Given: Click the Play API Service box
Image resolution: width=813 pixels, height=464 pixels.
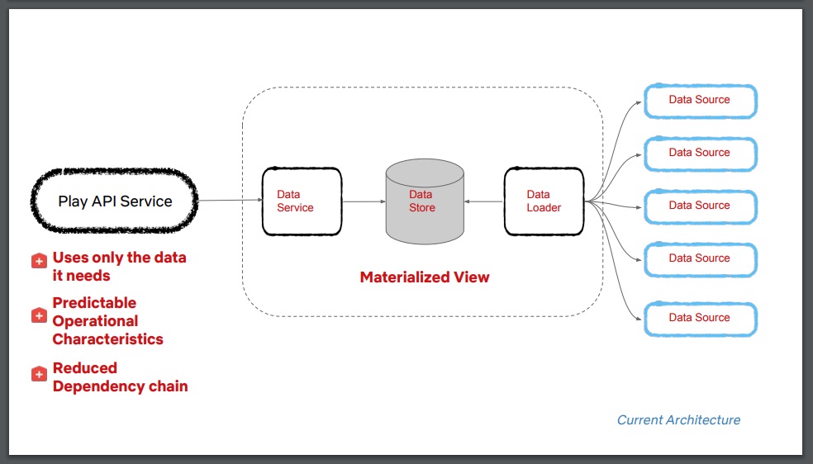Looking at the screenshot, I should [x=115, y=201].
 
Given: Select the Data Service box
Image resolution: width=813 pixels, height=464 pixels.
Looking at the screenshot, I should [x=301, y=201].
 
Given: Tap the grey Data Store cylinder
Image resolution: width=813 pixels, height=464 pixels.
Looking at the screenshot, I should [x=424, y=202].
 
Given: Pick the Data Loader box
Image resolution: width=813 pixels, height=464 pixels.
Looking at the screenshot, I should [x=543, y=201].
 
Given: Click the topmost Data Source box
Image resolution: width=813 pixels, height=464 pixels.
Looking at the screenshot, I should [x=699, y=100].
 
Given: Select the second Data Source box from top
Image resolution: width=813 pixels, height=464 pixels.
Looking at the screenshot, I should [x=699, y=153].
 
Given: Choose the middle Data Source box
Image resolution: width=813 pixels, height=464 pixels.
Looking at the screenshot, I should [x=699, y=206].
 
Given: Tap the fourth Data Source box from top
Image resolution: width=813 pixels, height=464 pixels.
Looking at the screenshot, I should [x=699, y=258].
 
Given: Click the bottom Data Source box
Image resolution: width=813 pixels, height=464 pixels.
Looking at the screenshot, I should [x=699, y=318].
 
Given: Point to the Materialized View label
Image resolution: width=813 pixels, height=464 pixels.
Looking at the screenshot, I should [x=424, y=277].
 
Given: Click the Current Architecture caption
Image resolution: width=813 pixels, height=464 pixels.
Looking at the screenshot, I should [x=678, y=420].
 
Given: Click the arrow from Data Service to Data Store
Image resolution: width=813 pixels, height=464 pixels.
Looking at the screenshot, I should [x=364, y=201].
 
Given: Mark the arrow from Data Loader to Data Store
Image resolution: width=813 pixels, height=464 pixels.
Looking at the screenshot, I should [x=483, y=201].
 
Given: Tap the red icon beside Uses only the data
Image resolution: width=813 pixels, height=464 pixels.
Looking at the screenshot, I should [x=39, y=260].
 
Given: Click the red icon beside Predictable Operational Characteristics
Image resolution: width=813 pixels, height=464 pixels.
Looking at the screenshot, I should [x=39, y=315].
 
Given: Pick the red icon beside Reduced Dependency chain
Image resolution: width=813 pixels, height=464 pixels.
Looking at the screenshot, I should [x=39, y=374].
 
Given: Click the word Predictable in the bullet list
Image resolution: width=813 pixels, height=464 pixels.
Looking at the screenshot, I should [x=94, y=303].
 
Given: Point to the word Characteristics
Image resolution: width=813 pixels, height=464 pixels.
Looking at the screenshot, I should [x=107, y=339].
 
